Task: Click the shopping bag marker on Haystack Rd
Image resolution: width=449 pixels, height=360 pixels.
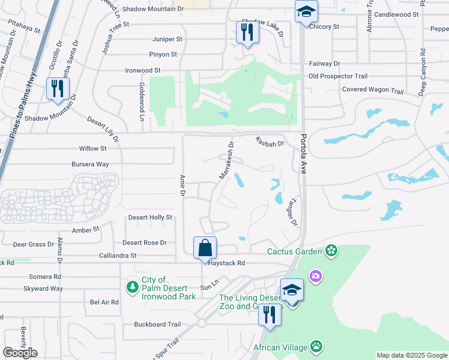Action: pos(205,247)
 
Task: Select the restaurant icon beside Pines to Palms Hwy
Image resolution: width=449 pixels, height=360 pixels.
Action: pos(58,88)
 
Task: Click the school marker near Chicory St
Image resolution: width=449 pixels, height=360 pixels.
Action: pos(306,11)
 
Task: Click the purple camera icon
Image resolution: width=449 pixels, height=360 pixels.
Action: pos(315,276)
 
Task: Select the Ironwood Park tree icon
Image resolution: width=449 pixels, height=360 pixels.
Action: pos(132,287)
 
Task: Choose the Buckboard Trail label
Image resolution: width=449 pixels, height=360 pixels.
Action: pos(157,325)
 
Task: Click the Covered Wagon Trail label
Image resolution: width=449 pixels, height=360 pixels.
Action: pos(373,90)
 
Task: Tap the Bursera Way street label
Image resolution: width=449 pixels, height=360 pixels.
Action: pos(90,164)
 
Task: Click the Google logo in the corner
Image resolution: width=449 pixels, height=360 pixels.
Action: pos(20,353)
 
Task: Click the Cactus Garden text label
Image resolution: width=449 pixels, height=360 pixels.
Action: pos(294,251)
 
